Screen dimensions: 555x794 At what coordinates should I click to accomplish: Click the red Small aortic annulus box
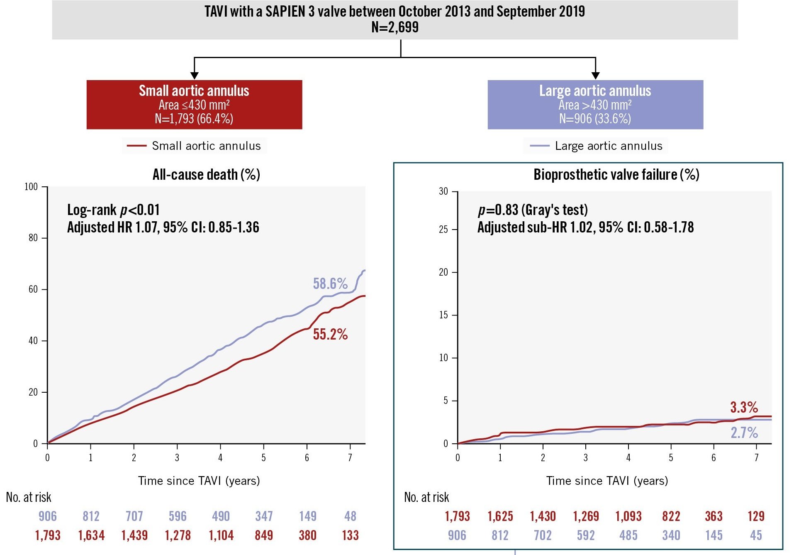click(194, 105)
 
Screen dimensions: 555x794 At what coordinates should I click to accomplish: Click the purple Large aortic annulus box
click(595, 105)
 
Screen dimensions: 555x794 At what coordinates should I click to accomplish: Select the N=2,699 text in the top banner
click(395, 27)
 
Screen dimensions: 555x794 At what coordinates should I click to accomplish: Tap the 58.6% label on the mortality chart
click(330, 284)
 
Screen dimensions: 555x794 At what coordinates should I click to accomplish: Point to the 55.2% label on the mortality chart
click(330, 334)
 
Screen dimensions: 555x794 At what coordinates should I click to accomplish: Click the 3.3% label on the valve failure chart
click(744, 407)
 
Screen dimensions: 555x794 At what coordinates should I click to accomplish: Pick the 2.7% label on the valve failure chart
click(744, 433)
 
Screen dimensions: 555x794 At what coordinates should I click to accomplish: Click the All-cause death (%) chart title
click(206, 175)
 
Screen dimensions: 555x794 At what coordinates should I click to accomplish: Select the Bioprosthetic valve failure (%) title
click(616, 175)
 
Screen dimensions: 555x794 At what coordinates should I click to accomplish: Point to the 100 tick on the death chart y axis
click(31, 187)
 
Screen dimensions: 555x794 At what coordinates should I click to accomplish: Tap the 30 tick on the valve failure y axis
click(443, 191)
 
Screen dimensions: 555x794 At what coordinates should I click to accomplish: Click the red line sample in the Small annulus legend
click(136, 146)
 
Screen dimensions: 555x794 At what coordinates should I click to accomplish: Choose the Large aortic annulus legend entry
click(608, 146)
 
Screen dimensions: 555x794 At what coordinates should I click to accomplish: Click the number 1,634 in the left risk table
click(91, 535)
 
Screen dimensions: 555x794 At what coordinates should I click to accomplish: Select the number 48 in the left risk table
click(350, 516)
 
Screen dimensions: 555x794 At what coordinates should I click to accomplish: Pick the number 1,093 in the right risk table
click(628, 516)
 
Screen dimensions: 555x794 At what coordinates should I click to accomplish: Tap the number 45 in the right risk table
click(756, 535)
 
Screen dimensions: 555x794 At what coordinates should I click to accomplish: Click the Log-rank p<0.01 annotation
click(113, 210)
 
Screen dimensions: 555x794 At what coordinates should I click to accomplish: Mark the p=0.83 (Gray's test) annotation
click(533, 210)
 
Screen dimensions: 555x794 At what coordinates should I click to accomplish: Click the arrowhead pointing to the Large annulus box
click(595, 75)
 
